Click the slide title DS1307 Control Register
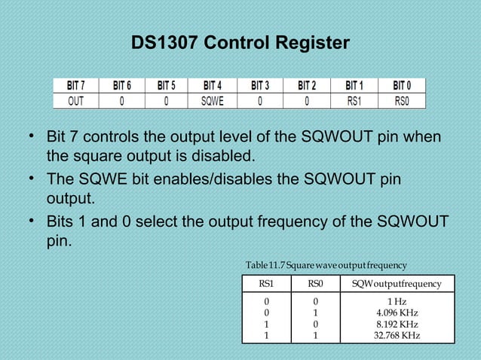point(240,43)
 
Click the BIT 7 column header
point(76,85)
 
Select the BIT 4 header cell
point(212,85)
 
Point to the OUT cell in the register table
point(76,100)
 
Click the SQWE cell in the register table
point(212,100)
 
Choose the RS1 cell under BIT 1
point(354,100)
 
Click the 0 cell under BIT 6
point(121,100)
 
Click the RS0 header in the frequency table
point(315,284)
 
